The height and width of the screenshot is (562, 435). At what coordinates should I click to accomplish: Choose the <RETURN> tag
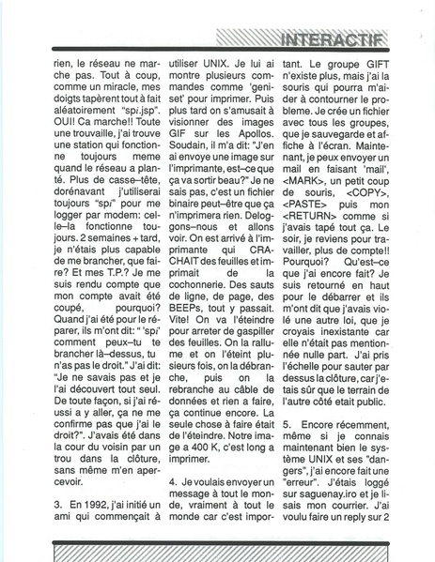334,238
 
